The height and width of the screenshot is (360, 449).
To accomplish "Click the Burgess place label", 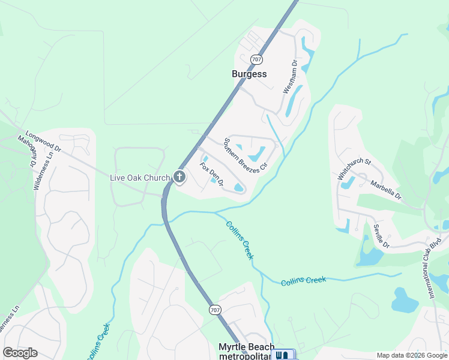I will (249, 74).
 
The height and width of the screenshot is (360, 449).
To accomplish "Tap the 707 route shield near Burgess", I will (257, 59).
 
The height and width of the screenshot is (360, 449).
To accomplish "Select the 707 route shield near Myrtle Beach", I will (214, 310).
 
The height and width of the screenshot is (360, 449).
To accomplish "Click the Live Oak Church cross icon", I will (179, 177).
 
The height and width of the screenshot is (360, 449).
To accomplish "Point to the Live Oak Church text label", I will (140, 178).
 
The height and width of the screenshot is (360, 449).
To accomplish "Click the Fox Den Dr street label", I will (212, 174).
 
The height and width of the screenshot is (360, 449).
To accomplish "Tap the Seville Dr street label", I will (382, 236).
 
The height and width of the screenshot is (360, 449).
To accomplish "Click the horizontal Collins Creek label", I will (303, 280).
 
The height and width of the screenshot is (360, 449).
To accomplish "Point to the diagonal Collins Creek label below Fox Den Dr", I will (240, 241).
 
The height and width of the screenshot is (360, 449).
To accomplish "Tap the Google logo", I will (20, 353).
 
